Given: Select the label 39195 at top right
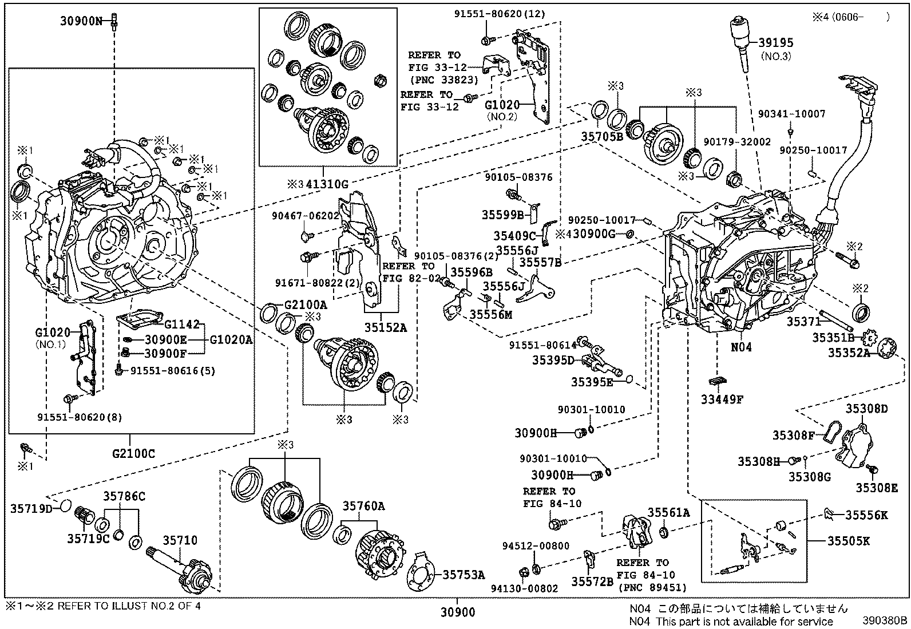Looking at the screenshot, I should [776, 43].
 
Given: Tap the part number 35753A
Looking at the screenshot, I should [463, 575].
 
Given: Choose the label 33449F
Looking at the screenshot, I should [722, 399].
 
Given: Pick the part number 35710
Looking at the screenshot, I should [180, 540].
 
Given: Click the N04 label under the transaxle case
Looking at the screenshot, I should [741, 347].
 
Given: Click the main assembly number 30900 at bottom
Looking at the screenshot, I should [458, 612].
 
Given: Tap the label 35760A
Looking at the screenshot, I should [364, 506].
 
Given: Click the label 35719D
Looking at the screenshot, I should [31, 508].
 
